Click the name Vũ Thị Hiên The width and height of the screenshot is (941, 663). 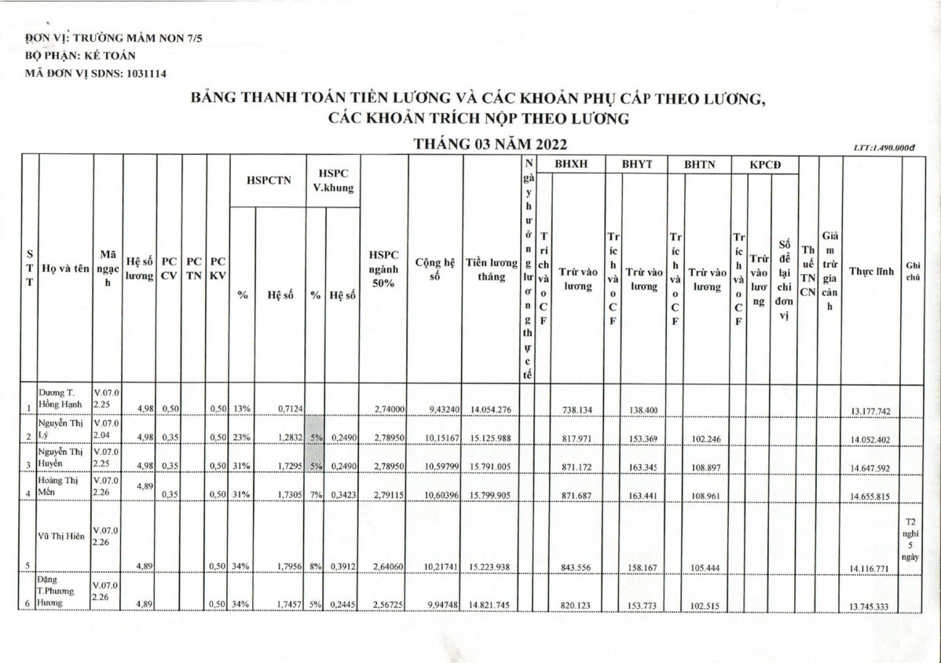[61, 536]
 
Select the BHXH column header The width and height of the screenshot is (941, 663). [572, 164]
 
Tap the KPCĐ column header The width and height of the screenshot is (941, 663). [765, 164]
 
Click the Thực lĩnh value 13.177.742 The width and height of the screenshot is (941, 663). [870, 411]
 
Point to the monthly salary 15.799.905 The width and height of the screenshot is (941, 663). [491, 496]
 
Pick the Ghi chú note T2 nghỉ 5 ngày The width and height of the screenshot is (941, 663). [911, 539]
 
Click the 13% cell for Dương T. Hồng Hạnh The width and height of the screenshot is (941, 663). [242, 409]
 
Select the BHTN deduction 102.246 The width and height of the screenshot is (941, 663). [706, 439]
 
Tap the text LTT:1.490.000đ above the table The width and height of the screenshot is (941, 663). [883, 147]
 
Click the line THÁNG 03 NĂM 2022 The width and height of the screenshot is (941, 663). [490, 144]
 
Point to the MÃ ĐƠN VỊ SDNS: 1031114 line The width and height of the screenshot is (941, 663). [95, 73]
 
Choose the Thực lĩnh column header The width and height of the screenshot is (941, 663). [871, 271]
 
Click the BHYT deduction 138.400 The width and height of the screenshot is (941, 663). [644, 410]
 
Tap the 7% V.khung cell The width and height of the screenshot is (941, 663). [316, 495]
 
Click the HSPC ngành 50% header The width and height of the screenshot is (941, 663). [383, 268]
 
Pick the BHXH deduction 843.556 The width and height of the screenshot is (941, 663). [576, 568]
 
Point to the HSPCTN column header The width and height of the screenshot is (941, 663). [268, 181]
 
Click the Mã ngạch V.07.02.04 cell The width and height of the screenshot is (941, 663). [107, 428]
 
